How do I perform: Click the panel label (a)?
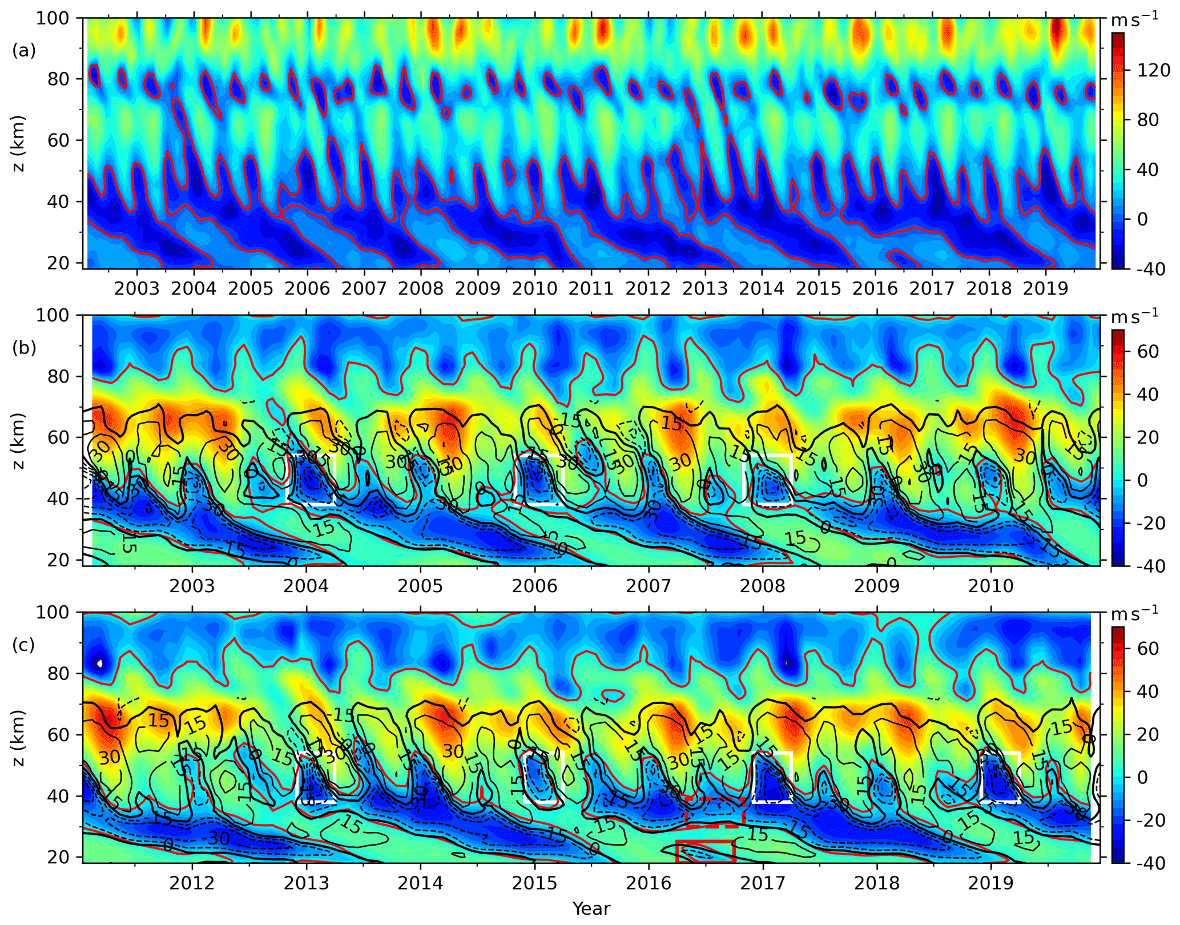point(24,51)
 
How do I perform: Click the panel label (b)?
point(24,348)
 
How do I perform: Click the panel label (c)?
point(24,645)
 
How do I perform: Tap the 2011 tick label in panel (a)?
point(591,288)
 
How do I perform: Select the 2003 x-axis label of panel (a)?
point(136,288)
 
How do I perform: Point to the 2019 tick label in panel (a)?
point(1045,288)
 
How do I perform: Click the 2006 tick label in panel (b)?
point(535,586)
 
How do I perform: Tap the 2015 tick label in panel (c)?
point(535,883)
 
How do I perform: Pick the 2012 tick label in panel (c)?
point(192,883)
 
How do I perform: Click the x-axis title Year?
point(591,908)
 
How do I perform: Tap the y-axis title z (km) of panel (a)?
point(19,143)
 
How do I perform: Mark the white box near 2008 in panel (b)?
point(767,480)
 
